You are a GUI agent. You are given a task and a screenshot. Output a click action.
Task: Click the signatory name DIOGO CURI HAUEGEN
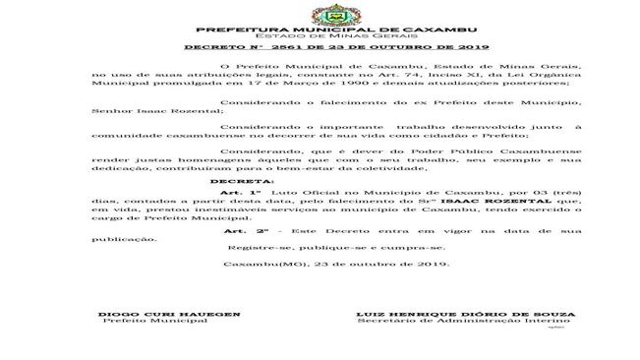(169, 314)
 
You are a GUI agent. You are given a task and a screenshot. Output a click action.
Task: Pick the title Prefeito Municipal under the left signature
(153, 322)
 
